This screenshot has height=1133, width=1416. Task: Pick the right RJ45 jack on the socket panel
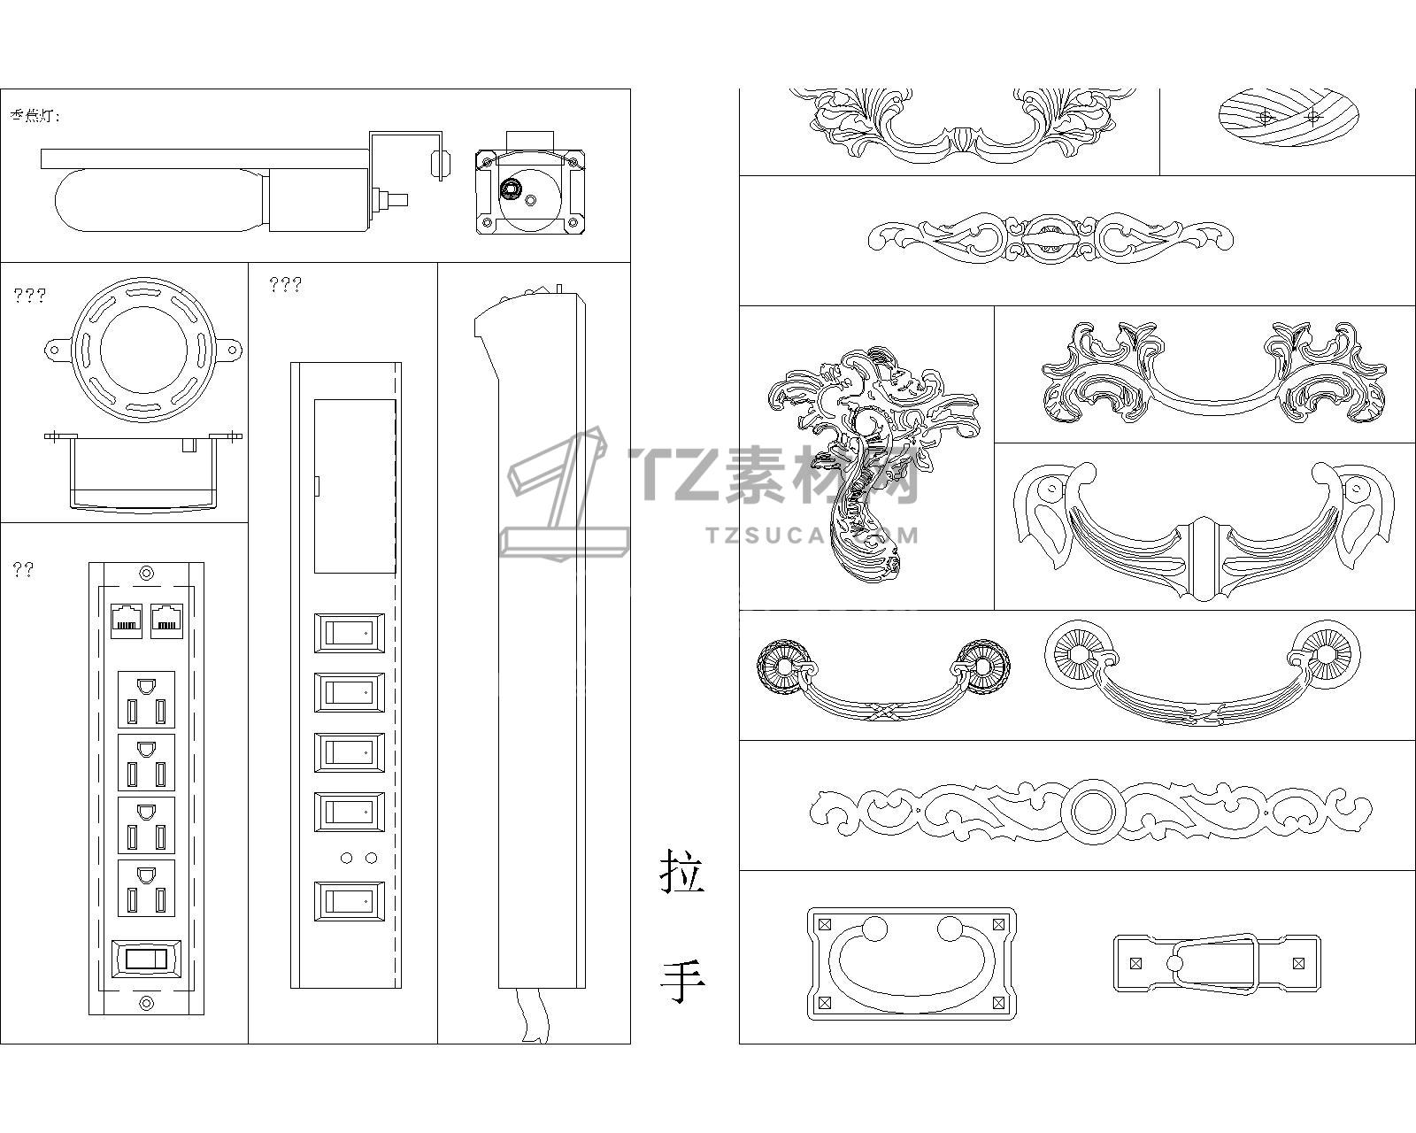click(166, 619)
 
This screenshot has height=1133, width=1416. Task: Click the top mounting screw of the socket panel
click(147, 573)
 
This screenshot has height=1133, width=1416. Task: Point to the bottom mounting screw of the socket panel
click(147, 1002)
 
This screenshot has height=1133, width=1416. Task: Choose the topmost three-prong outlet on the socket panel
click(147, 699)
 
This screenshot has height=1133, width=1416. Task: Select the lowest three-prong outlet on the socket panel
click(147, 888)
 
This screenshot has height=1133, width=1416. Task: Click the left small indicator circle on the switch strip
click(346, 858)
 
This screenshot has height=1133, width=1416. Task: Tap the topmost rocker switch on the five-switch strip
click(350, 633)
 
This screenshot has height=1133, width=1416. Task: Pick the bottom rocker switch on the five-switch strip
click(350, 902)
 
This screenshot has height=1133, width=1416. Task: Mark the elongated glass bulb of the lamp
click(159, 202)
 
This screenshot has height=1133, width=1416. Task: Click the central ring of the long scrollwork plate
click(1090, 809)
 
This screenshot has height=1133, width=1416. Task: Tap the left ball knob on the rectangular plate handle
click(874, 929)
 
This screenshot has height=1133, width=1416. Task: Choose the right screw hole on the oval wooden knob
click(1312, 116)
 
